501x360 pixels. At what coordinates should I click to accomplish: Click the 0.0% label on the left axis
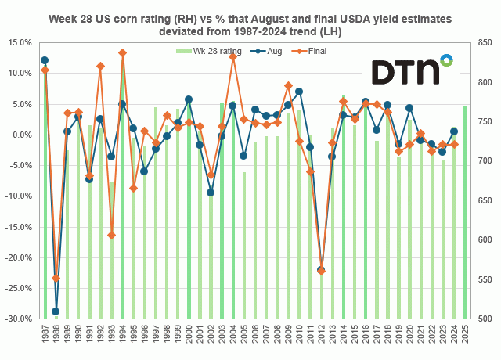coord(23,135)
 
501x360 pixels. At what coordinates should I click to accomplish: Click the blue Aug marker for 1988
coord(56,311)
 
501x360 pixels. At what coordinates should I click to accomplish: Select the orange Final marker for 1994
coord(122,53)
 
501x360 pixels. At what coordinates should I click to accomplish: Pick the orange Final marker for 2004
coord(232,57)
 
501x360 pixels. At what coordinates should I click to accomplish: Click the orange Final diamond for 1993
coord(111,235)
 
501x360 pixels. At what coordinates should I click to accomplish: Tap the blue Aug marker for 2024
coord(454,131)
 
